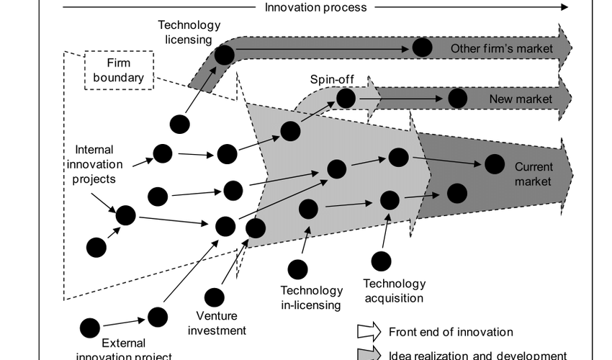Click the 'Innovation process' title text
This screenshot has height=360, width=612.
316,8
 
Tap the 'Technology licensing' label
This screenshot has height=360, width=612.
185,32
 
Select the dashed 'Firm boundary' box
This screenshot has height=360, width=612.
119,70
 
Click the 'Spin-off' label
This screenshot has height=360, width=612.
330,79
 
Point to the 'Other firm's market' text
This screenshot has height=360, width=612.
502,48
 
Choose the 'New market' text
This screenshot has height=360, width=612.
521,99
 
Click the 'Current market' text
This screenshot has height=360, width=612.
533,174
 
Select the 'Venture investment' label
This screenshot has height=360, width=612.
221,323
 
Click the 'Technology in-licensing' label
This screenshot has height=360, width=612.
311,297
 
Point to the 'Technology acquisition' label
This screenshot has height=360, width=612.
393,290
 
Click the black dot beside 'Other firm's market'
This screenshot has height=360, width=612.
422,48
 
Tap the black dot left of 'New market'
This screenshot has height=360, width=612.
456,99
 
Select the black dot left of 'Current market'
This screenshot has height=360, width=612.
494,164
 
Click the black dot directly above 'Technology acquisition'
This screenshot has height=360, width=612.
382,261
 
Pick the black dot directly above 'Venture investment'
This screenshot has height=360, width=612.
214,297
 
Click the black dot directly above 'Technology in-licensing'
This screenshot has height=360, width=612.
297,269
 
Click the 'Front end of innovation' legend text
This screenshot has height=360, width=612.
451,332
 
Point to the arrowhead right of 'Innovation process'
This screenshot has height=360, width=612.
564,8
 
